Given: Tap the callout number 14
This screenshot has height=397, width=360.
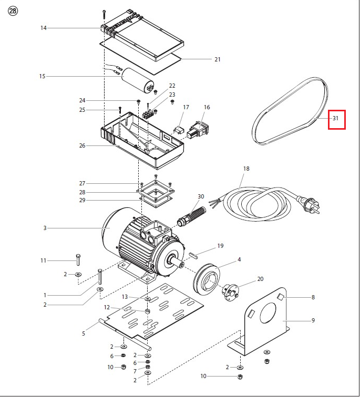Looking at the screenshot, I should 44,28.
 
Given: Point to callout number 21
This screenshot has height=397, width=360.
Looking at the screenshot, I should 217,59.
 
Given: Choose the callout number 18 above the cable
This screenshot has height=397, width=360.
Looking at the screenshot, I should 246,169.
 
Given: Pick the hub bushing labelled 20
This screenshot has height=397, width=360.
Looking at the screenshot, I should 231,290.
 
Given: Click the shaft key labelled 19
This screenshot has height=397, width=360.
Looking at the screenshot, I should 193,255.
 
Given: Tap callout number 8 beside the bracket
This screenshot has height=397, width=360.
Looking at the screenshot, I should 313,297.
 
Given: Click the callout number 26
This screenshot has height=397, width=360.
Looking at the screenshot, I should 82,145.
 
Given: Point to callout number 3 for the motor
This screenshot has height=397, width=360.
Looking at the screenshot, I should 45,228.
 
